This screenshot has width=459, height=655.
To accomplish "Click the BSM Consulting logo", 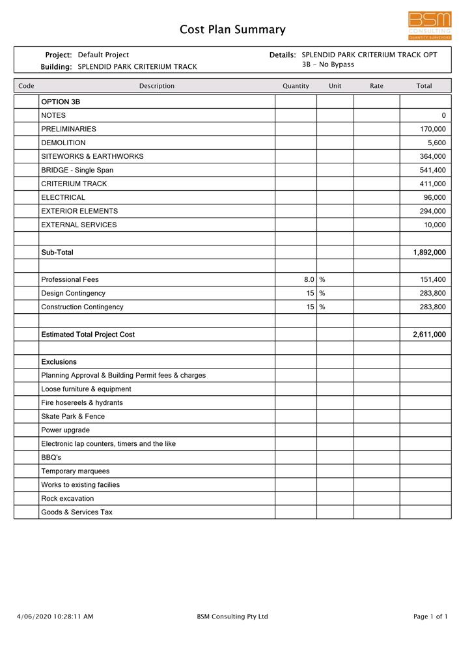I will coord(429,26).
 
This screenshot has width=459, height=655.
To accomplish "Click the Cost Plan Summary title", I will coord(232,29).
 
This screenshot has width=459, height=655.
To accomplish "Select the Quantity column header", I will coord(296,86).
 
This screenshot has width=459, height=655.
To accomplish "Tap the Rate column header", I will coord(376,86).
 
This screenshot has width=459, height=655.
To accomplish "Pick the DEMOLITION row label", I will coord(63,143).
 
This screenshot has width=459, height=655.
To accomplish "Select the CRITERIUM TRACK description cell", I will coord(74,184).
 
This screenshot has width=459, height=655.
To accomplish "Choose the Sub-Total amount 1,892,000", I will coord(429,252).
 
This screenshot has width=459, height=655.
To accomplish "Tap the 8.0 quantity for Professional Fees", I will coord(309,279).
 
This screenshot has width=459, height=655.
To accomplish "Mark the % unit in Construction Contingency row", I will coord(322,307).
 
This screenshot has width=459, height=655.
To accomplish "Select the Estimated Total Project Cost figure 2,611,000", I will coord(429,334).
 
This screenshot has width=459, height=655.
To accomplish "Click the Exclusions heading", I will coord(59,361).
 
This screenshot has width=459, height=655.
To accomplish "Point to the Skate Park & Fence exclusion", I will coord(73,416).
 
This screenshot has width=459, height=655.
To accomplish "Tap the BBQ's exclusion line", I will coord(51,457).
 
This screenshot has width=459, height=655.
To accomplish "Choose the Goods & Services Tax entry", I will coord(77,512).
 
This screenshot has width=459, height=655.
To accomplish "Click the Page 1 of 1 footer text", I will coord(430,617).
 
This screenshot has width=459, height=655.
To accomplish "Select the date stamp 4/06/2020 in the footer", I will coord(33,617).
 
